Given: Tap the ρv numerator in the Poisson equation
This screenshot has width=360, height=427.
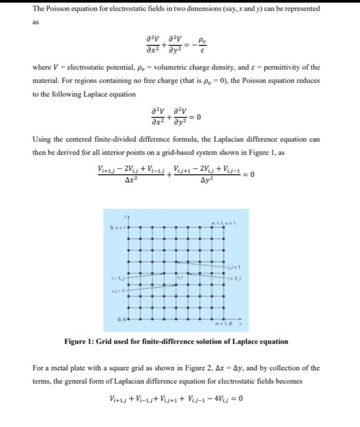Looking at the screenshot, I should tap(202, 41).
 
